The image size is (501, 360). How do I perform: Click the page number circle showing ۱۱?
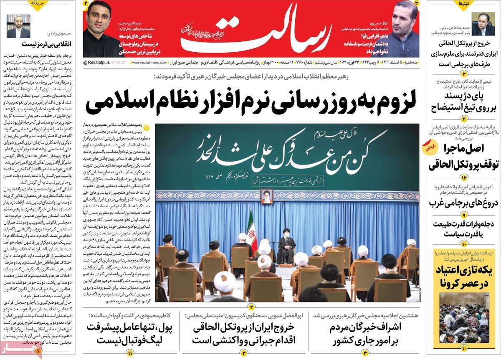(130, 353)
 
